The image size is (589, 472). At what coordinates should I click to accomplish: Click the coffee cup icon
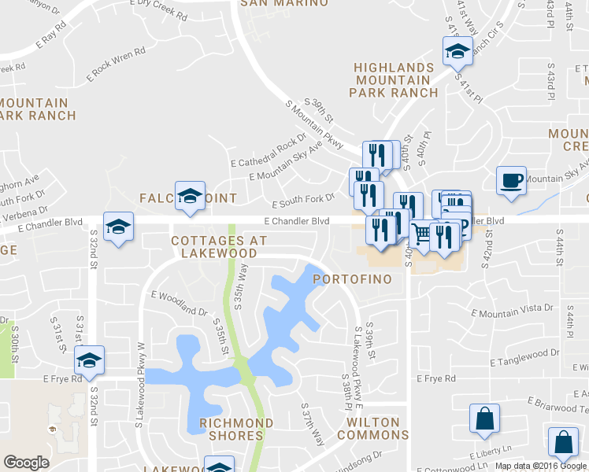[x=511, y=182]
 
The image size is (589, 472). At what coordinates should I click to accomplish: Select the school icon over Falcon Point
[x=190, y=196]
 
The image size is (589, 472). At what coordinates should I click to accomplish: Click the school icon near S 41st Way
[x=457, y=53]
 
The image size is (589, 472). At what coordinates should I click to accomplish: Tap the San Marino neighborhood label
[x=283, y=3]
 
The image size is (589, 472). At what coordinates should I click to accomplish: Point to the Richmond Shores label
[x=236, y=430]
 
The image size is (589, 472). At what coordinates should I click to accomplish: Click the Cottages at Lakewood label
[x=214, y=246]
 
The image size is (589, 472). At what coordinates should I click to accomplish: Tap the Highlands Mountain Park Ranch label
[x=394, y=80]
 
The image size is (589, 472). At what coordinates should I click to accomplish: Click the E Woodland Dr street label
[x=180, y=301]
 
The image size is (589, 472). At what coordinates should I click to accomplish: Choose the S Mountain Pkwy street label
[x=314, y=125]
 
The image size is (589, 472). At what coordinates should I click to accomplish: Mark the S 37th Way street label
[x=313, y=426]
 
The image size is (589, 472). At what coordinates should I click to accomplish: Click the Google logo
[x=26, y=463]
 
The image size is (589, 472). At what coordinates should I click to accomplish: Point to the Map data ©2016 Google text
[x=539, y=466]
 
